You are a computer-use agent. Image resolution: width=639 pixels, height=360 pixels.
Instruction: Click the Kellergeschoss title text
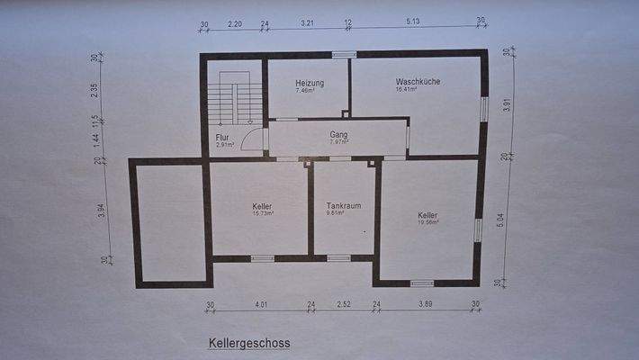click(x=249, y=343)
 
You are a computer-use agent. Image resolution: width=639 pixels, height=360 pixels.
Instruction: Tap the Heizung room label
click(x=309, y=83)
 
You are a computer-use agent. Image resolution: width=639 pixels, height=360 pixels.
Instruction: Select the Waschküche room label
click(x=418, y=82)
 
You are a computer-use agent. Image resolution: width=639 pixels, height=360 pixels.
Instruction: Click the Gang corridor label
click(x=338, y=135)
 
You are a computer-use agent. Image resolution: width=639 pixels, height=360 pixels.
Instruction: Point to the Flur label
click(x=222, y=138)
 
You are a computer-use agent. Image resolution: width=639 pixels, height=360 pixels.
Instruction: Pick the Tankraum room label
click(x=343, y=206)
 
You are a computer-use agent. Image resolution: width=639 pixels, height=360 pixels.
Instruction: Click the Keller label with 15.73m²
click(x=262, y=207)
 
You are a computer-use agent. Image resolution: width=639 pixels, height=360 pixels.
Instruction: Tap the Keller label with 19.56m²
click(x=427, y=216)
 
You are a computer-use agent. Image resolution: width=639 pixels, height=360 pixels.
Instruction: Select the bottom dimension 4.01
click(x=261, y=305)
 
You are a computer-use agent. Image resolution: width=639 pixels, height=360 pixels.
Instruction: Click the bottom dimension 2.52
click(x=343, y=305)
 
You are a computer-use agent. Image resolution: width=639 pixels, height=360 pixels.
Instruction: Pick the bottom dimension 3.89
click(x=426, y=305)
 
